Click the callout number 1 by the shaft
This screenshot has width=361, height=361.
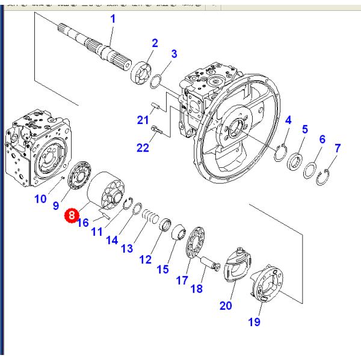pyautogui.click(x=112, y=20)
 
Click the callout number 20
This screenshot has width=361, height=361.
pyautogui.click(x=225, y=305)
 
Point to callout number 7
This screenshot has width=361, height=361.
pyautogui.click(x=338, y=147)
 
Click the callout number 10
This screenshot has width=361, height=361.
pyautogui.click(x=40, y=199)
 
